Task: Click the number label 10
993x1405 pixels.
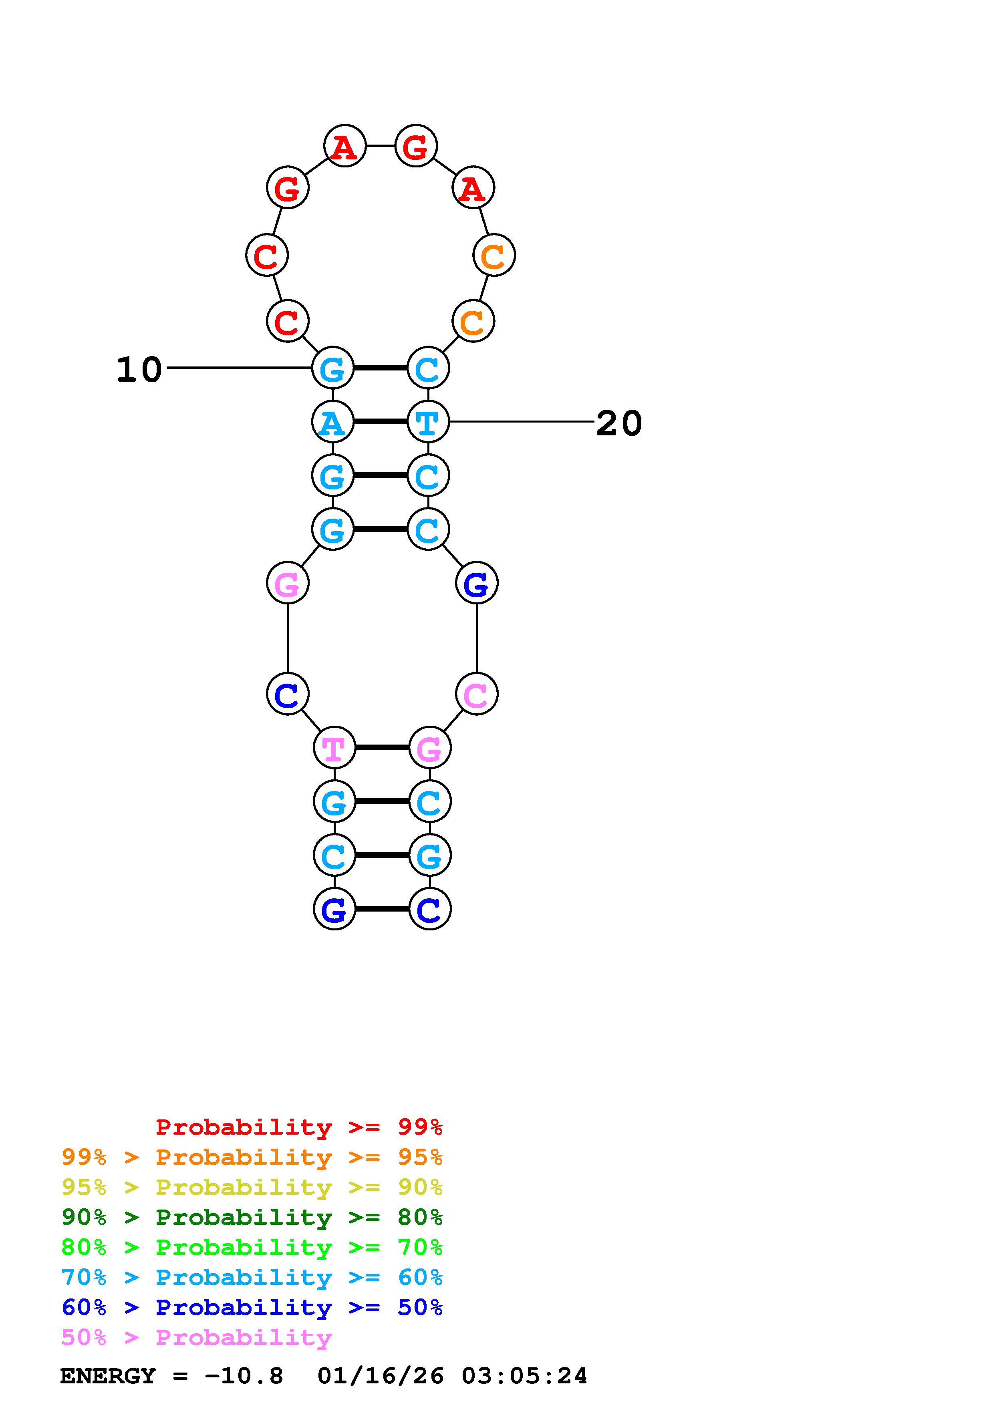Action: (139, 370)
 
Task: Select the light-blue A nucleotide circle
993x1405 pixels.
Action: (333, 422)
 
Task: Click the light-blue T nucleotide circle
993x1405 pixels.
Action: (428, 422)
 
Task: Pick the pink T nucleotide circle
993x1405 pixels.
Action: (334, 748)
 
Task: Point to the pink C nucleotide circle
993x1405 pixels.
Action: (477, 694)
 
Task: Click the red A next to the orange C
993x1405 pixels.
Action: (473, 188)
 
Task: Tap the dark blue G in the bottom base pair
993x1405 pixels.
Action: (334, 909)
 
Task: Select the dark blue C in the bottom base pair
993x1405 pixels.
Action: (429, 909)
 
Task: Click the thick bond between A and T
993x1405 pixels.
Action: (380, 422)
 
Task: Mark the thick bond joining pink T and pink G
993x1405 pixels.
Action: (382, 748)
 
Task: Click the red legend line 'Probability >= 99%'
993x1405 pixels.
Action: (299, 1127)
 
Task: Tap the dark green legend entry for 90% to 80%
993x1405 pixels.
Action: (252, 1217)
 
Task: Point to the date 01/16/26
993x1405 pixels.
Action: (381, 1376)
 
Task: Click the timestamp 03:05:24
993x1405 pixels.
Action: (524, 1376)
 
